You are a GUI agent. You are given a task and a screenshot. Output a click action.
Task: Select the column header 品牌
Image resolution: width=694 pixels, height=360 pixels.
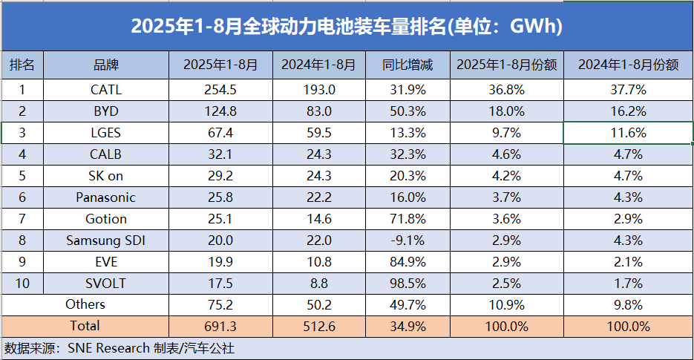106,65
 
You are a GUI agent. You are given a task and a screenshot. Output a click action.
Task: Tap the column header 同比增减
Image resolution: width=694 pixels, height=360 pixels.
407,65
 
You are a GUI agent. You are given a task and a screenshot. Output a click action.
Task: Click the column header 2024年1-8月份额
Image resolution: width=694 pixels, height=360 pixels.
628,65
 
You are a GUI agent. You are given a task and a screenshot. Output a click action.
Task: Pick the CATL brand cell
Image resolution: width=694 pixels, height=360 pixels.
106,91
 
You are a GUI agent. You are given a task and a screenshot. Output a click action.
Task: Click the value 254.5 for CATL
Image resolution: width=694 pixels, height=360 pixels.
220,91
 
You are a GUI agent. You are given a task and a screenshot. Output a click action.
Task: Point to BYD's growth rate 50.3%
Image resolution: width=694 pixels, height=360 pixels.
407,112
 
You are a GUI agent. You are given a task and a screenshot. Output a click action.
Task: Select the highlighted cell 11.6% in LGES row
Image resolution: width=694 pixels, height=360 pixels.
628,134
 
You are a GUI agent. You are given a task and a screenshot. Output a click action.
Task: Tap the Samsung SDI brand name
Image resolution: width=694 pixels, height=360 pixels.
106,240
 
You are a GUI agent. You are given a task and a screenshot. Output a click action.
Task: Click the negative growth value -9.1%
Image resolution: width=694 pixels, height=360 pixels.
407,240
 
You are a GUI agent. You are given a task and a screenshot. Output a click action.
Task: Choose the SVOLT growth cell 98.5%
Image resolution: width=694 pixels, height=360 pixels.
407,284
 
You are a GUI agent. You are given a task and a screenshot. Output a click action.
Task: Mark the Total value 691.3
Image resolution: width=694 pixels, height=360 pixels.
220,327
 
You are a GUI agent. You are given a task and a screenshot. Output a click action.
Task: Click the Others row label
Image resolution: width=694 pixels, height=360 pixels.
85,304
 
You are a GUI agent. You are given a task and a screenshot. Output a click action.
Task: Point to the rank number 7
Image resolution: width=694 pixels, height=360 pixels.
22,219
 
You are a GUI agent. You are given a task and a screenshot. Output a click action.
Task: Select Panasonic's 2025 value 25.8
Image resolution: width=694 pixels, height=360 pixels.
220,197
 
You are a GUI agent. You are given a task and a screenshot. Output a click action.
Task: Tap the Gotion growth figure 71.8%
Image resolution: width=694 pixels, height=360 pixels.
407,219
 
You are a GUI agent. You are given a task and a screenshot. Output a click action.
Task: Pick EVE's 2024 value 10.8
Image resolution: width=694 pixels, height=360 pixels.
319,262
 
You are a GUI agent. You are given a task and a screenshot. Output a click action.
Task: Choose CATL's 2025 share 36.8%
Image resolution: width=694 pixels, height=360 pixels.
507,91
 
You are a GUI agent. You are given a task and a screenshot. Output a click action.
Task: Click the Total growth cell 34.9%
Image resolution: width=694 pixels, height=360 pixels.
407,327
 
